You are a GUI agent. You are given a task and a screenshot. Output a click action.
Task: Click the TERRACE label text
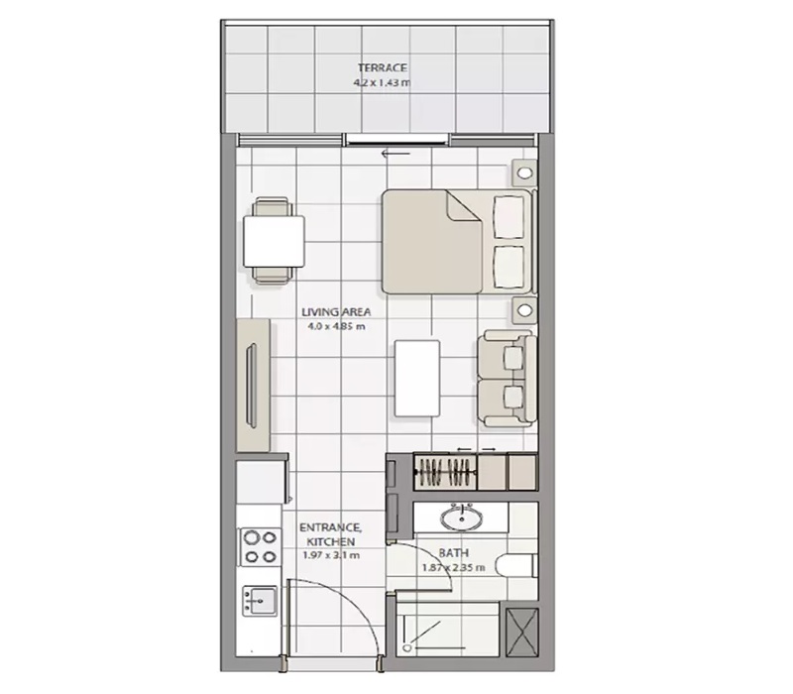(382, 68)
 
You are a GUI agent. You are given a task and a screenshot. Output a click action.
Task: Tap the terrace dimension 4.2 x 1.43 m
(382, 83)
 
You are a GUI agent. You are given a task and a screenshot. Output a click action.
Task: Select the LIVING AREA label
(336, 310)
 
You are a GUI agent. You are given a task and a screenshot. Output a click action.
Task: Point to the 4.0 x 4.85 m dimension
(336, 325)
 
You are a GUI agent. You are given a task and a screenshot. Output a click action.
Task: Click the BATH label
(455, 553)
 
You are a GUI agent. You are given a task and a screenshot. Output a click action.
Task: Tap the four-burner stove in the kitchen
(260, 546)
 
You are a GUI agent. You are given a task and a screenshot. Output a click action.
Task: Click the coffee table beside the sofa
(416, 378)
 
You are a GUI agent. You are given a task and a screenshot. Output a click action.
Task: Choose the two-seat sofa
(507, 381)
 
